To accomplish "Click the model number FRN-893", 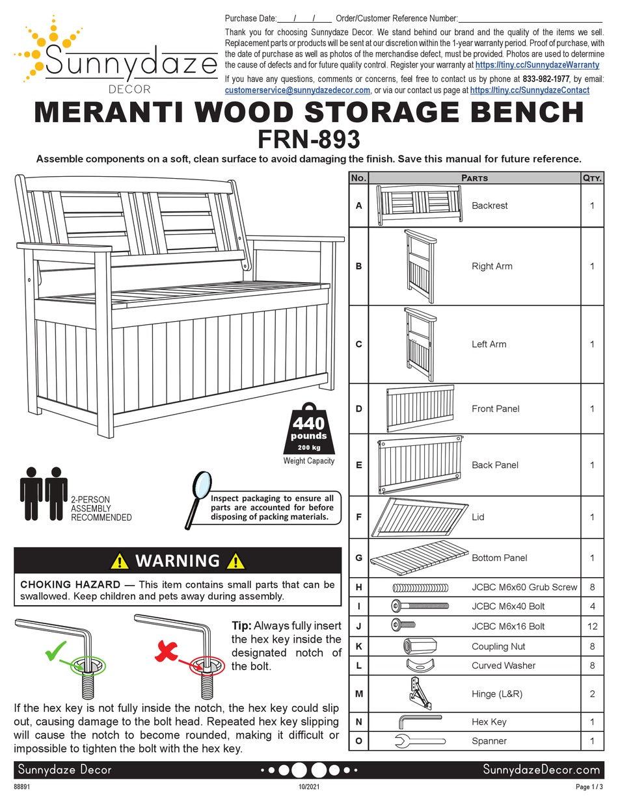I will coord(309,139).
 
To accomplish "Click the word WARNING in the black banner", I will coord(177,560).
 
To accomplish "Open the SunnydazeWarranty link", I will coord(537,65).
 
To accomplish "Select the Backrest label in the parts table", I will coord(489,205).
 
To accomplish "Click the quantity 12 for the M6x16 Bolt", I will coord(592,626).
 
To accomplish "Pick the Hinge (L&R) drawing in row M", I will coord(420,693).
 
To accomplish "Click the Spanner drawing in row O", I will coord(420,740).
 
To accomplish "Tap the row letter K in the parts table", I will coord(358,646).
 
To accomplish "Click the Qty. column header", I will coord(592,177).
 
